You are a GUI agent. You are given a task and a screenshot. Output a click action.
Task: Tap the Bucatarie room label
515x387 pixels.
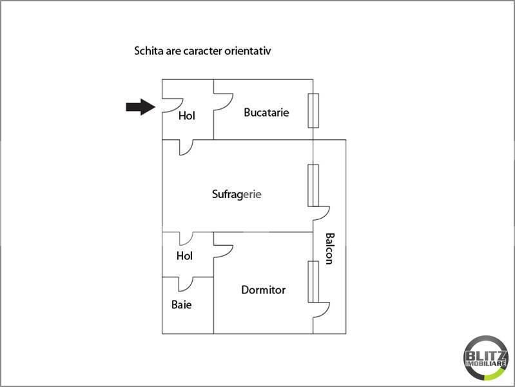[x=266, y=112]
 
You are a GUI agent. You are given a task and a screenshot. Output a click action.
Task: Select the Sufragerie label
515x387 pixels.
[x=237, y=193]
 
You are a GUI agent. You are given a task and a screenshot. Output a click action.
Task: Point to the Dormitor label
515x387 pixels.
[x=263, y=290]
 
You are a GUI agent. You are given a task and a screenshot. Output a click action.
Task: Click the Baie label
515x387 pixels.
[x=181, y=304]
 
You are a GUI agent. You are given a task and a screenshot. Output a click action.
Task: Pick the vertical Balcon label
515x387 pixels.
[x=329, y=248]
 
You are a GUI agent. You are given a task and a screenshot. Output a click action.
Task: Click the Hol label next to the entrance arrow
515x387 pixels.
[x=186, y=116]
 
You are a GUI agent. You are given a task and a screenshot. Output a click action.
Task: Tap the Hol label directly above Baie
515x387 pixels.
[x=184, y=256]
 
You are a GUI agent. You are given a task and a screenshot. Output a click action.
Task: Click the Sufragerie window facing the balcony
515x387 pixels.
[x=313, y=185]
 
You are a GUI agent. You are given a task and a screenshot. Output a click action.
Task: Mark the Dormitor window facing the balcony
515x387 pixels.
[x=313, y=281]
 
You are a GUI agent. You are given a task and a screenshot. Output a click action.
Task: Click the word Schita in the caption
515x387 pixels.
[x=148, y=50]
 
